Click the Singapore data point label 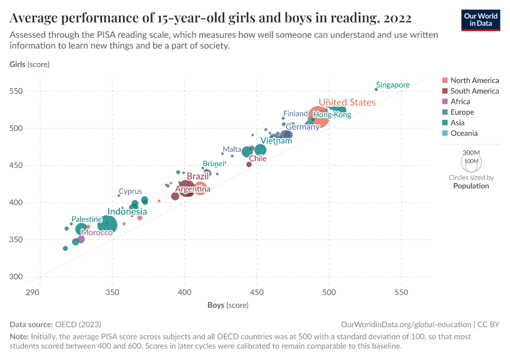pos(392,85)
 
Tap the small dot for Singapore pos(376,89)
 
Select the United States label pos(347,103)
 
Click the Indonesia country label pos(127,212)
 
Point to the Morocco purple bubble pos(81,239)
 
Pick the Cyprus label pos(130,192)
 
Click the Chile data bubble pos(249,164)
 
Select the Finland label pos(295,114)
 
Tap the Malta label pos(232,149)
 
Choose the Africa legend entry pos(460,102)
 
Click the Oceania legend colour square pos(444,134)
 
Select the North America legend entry pos(474,80)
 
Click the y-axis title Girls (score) pos(29,64)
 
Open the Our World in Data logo pos(481,19)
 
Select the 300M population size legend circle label pos(472,153)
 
